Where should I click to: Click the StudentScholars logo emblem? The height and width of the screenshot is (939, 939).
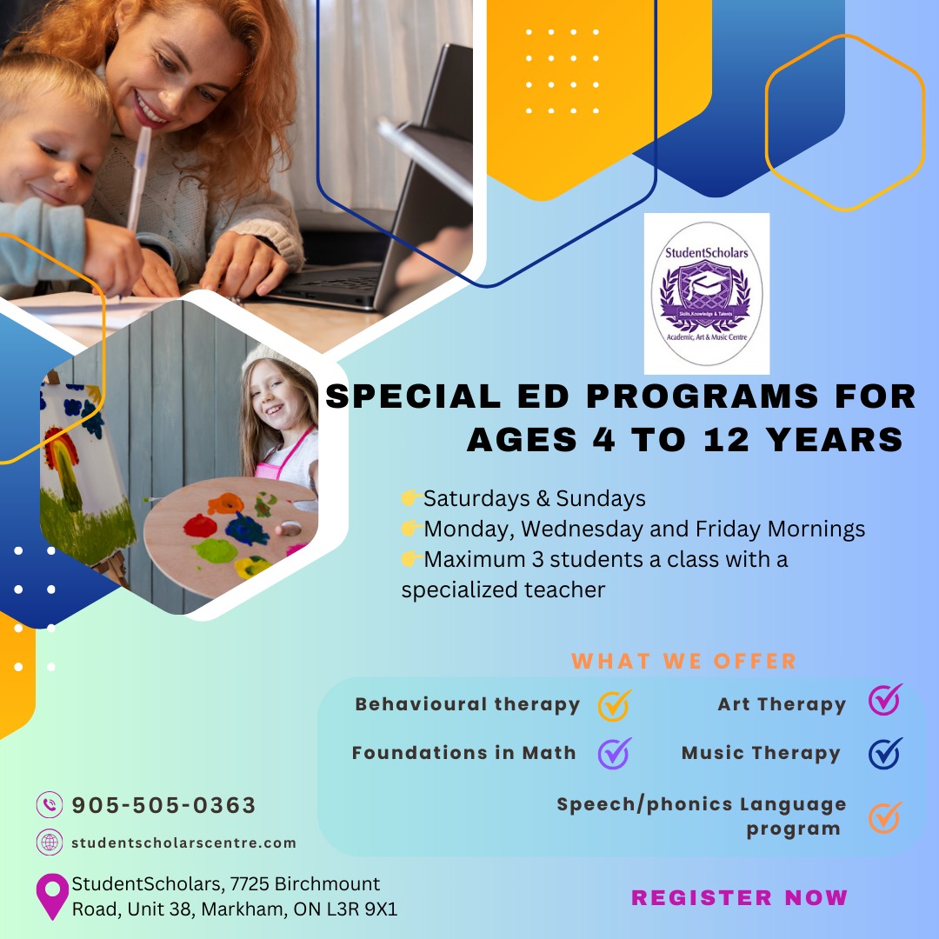pyautogui.click(x=707, y=294)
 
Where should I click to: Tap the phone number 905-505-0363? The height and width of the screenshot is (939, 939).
pyautogui.click(x=163, y=805)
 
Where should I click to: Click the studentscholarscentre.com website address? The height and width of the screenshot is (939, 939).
pyautogui.click(x=183, y=842)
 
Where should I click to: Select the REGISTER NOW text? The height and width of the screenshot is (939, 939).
pyautogui.click(x=740, y=897)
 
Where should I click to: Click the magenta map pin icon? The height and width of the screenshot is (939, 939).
pyautogui.click(x=52, y=896)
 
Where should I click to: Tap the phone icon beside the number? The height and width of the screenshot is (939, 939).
pyautogui.click(x=50, y=804)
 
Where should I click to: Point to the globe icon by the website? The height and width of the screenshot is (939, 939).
pyautogui.click(x=50, y=842)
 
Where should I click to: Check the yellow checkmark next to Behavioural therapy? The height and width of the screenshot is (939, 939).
pyautogui.click(x=615, y=705)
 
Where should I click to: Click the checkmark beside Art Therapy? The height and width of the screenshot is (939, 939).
pyautogui.click(x=885, y=699)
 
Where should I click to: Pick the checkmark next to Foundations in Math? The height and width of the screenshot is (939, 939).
pyautogui.click(x=615, y=753)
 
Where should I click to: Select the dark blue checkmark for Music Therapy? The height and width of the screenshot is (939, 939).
pyautogui.click(x=885, y=753)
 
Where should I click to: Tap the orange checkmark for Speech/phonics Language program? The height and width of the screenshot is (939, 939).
pyautogui.click(x=885, y=817)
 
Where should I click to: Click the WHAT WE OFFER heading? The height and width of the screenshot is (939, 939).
pyautogui.click(x=684, y=661)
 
